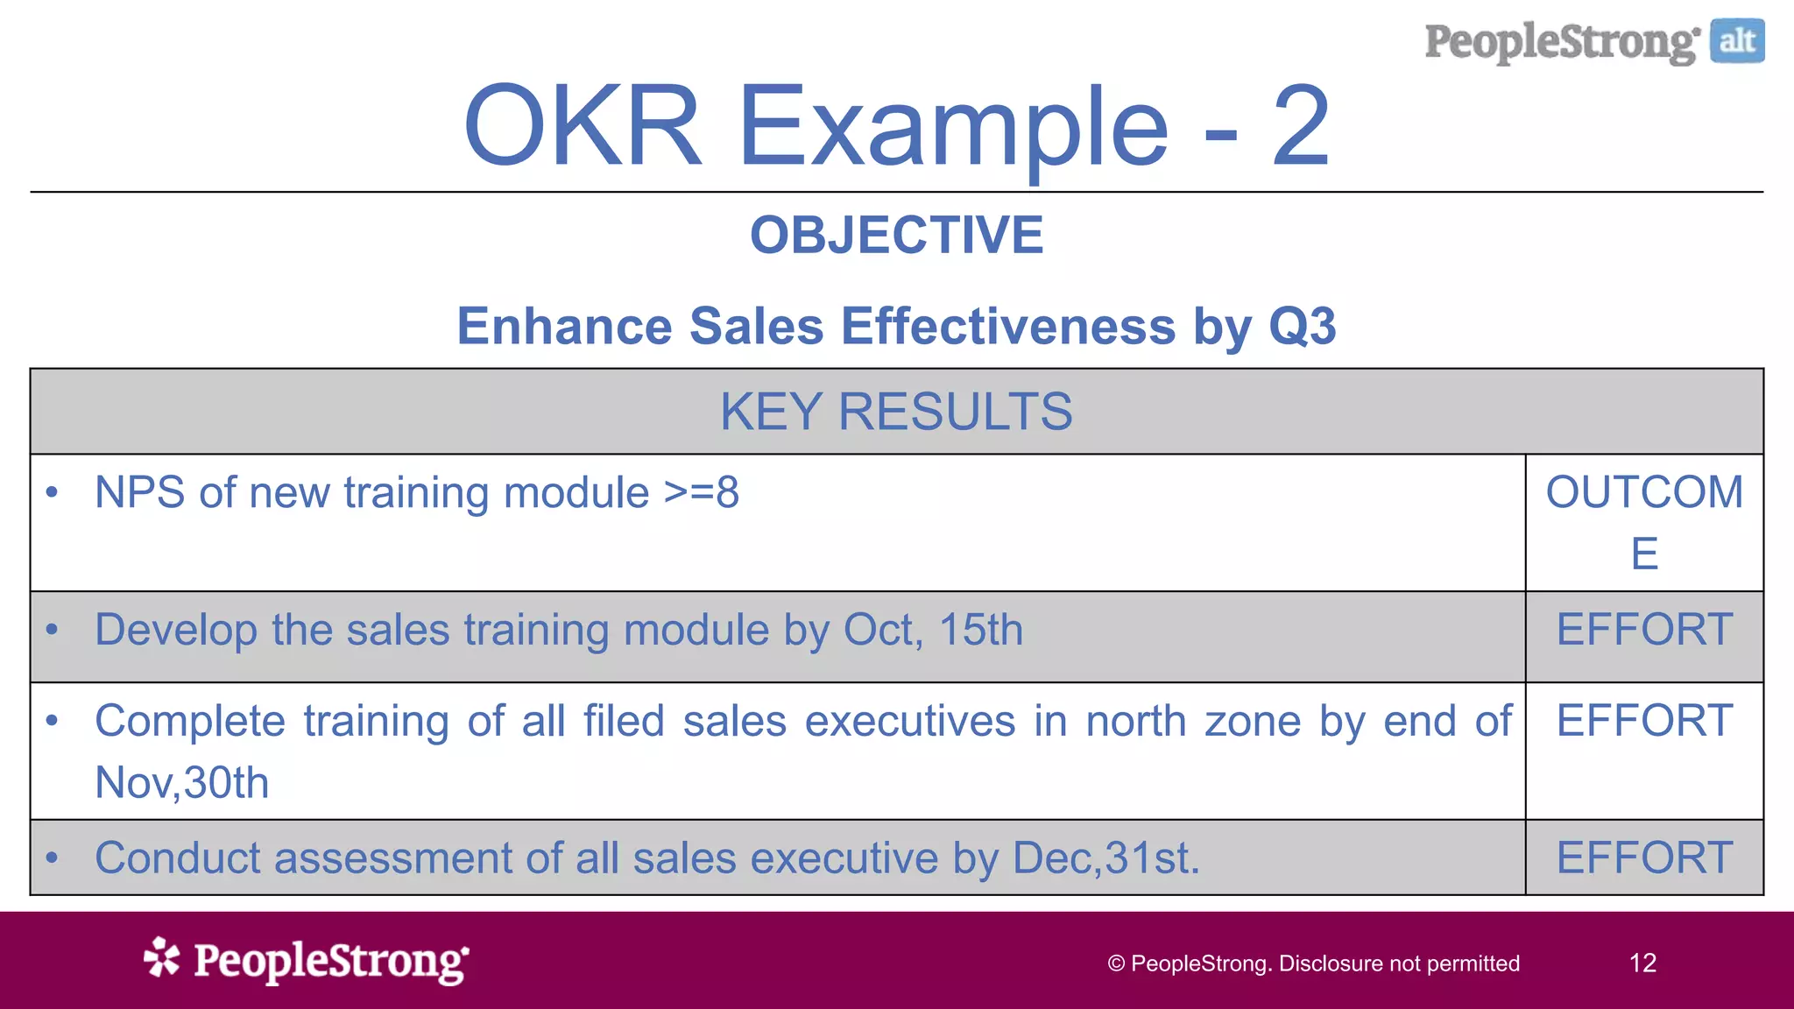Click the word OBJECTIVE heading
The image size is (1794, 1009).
coord(896,235)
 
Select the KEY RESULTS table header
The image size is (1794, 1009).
coord(896,412)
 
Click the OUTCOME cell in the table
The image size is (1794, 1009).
coord(1644,521)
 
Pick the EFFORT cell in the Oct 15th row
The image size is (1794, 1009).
coord(1644,630)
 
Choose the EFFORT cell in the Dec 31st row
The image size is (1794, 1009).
coord(1644,857)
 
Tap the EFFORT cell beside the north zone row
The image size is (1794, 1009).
coord(1644,721)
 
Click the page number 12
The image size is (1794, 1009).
coord(1642,963)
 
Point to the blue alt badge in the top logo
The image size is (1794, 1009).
coord(1736,41)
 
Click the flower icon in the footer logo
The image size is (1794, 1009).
coord(162,957)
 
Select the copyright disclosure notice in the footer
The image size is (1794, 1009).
coord(1313,963)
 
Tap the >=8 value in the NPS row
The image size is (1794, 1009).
coord(701,492)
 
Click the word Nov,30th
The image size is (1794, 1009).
coord(182,782)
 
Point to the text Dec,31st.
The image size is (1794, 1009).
coord(1105,857)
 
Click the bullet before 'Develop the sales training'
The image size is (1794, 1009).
coord(53,630)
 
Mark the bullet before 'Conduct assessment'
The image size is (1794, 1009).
coord(53,857)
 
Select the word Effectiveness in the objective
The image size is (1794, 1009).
coord(1008,326)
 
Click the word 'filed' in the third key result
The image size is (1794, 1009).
coord(624,721)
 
